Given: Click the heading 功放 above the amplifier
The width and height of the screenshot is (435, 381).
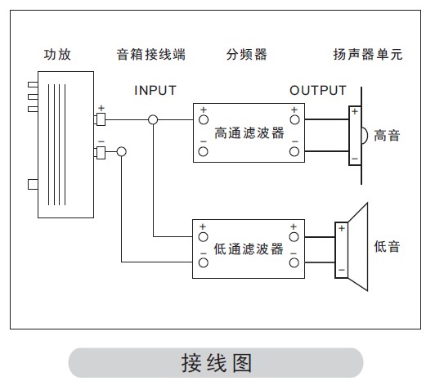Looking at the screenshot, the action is [57, 55].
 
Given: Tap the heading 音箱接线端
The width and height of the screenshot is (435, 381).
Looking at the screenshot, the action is [151, 55].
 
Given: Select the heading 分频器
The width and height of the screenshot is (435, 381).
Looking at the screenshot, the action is [247, 55].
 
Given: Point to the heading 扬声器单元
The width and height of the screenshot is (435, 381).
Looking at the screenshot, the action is [368, 55].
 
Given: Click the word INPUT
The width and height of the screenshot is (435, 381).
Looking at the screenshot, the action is [155, 91].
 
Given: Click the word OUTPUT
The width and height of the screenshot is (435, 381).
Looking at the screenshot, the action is [318, 91].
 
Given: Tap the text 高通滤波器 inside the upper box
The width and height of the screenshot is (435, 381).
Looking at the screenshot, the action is [249, 133].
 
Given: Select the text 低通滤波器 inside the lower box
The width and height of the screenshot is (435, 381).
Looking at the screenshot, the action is [249, 249].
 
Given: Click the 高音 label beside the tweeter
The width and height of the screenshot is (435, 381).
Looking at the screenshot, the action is [387, 136].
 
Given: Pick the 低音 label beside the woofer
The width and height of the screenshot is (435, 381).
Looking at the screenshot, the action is [387, 247].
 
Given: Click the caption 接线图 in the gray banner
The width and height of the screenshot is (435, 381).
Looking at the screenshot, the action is [217, 363].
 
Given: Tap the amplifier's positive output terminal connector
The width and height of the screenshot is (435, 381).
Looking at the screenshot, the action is [100, 119].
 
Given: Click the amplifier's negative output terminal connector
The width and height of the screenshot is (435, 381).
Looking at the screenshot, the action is [100, 153].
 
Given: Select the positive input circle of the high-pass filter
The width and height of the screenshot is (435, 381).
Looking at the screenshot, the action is [204, 120].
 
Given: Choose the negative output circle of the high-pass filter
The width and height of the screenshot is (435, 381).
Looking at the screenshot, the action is [294, 152].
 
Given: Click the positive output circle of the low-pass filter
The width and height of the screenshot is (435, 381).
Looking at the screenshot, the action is [294, 237].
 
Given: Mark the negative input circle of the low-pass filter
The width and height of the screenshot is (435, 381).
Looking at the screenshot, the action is [204, 262].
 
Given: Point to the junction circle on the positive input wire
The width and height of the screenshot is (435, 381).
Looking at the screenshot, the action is [153, 120].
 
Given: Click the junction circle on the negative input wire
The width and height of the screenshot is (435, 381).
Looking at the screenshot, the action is [122, 152].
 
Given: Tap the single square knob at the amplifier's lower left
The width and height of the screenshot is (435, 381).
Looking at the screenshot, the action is [33, 185].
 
